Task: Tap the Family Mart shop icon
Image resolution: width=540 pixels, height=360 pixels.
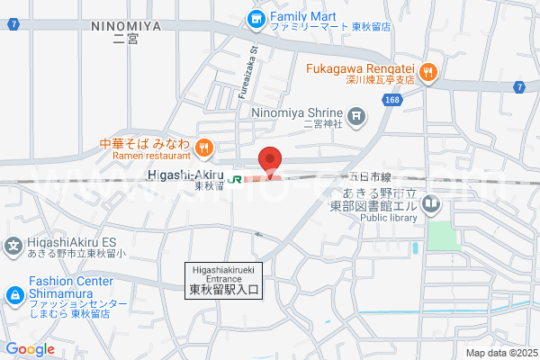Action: point(256,17)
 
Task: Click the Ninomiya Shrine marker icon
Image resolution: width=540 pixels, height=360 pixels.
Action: point(357,114)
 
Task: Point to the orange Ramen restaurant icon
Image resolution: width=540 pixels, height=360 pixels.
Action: point(204,147)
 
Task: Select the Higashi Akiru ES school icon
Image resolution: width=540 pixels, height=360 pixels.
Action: point(13,243)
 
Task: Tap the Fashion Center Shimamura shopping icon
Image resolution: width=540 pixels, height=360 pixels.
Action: point(13,295)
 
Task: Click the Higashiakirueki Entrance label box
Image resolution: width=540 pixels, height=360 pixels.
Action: point(224,280)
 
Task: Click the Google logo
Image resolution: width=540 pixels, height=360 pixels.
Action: point(30,349)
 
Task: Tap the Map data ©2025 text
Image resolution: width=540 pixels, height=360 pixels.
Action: point(500,353)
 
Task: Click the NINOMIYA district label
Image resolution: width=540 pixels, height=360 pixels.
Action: point(126,27)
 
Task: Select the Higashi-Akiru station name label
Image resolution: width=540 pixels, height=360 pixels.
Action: point(184,175)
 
